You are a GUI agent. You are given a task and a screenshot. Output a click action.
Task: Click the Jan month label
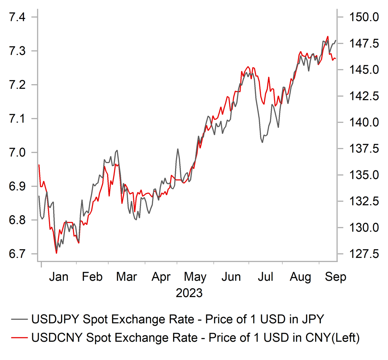click(x=58, y=277)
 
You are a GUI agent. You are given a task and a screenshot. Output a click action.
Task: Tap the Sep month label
click(x=335, y=277)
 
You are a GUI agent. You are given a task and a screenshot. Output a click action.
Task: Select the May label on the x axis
click(x=195, y=277)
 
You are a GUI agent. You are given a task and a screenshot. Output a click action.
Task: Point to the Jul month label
click(x=265, y=277)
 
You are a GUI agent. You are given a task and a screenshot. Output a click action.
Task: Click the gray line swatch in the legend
click(x=20, y=319)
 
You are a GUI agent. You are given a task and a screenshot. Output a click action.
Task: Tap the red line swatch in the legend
click(x=20, y=337)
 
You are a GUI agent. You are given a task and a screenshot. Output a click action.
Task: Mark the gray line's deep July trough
click(x=262, y=142)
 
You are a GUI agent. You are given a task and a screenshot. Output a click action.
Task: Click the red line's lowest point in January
click(x=56, y=253)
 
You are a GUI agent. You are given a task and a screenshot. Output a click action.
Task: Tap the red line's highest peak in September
click(x=327, y=36)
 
